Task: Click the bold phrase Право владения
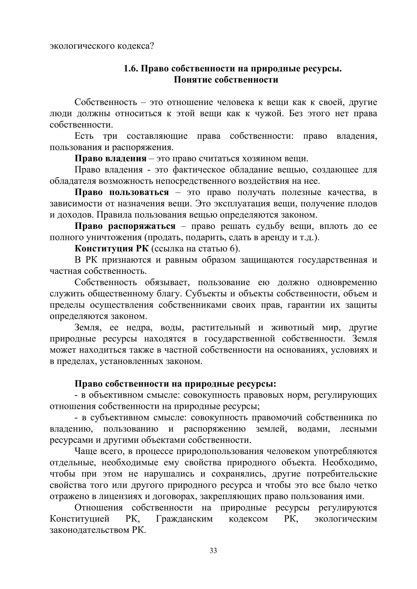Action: click(x=110, y=159)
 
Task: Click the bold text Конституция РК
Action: click(x=112, y=249)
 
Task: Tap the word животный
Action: click(x=292, y=328)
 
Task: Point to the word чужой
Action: click(x=269, y=113)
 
